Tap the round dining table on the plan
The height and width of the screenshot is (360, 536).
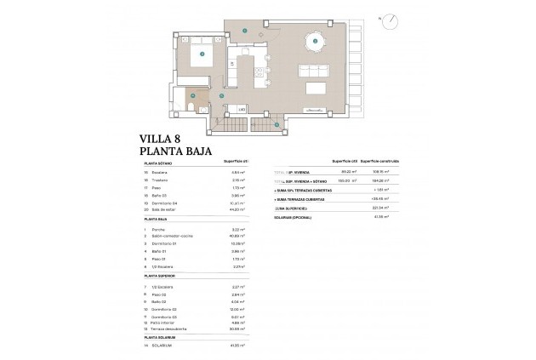(316, 41)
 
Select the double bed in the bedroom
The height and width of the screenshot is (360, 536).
(202, 55)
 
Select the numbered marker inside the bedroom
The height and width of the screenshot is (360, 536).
(202, 54)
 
